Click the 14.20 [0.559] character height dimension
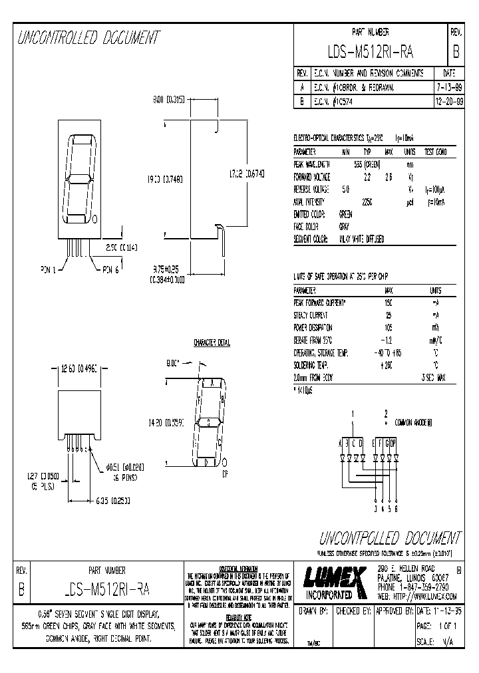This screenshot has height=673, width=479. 164,421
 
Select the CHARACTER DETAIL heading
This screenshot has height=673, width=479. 212,343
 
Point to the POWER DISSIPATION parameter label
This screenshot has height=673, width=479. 313,328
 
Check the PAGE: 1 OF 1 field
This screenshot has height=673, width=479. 436,626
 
